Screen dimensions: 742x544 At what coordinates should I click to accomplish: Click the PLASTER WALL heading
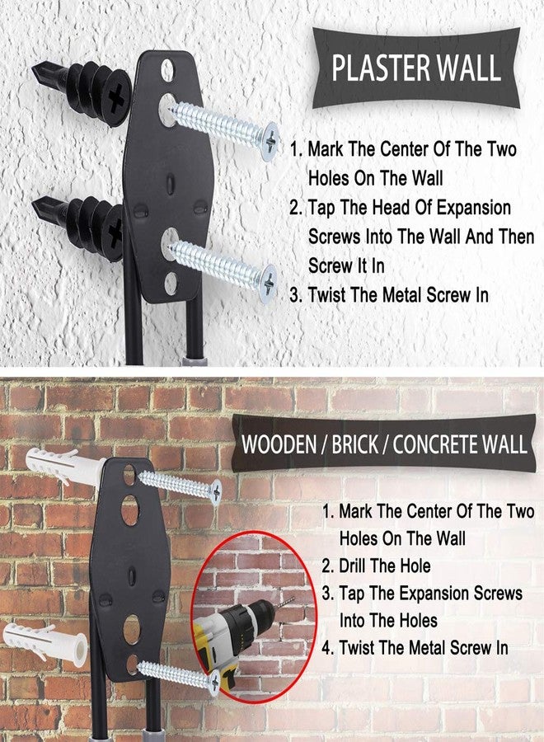(415, 68)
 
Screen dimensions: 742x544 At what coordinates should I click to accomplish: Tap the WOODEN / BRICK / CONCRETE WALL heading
(383, 444)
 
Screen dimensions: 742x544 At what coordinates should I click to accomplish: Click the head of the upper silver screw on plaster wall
(269, 141)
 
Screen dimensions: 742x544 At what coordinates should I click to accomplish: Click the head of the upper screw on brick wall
(214, 492)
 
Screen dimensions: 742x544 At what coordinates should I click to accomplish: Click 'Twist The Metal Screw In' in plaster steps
(398, 294)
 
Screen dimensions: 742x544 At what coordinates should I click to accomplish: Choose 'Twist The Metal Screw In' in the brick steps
(424, 648)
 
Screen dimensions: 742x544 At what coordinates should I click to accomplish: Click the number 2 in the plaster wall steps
(294, 207)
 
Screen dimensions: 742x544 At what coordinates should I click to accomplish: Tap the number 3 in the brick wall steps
(326, 594)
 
